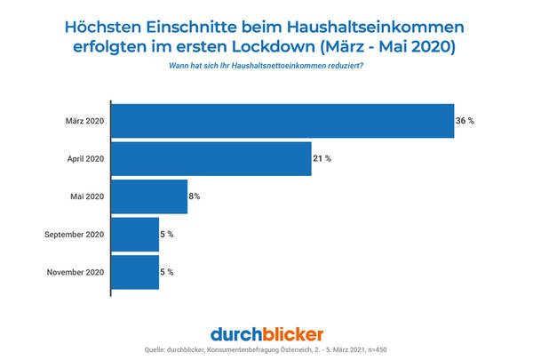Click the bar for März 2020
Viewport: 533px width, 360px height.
(x=282, y=121)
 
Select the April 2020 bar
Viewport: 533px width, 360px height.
(x=211, y=159)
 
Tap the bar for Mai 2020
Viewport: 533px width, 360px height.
(x=149, y=196)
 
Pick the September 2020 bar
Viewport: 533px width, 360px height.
(x=135, y=235)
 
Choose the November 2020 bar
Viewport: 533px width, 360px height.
(x=135, y=272)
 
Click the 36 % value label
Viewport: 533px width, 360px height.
(x=465, y=121)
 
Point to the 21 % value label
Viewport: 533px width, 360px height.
(x=322, y=159)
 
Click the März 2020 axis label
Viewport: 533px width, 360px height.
(x=86, y=121)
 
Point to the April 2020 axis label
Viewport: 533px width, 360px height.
(x=85, y=159)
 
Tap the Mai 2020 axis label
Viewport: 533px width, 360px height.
(x=88, y=196)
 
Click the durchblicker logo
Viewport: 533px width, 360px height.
(x=266, y=333)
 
